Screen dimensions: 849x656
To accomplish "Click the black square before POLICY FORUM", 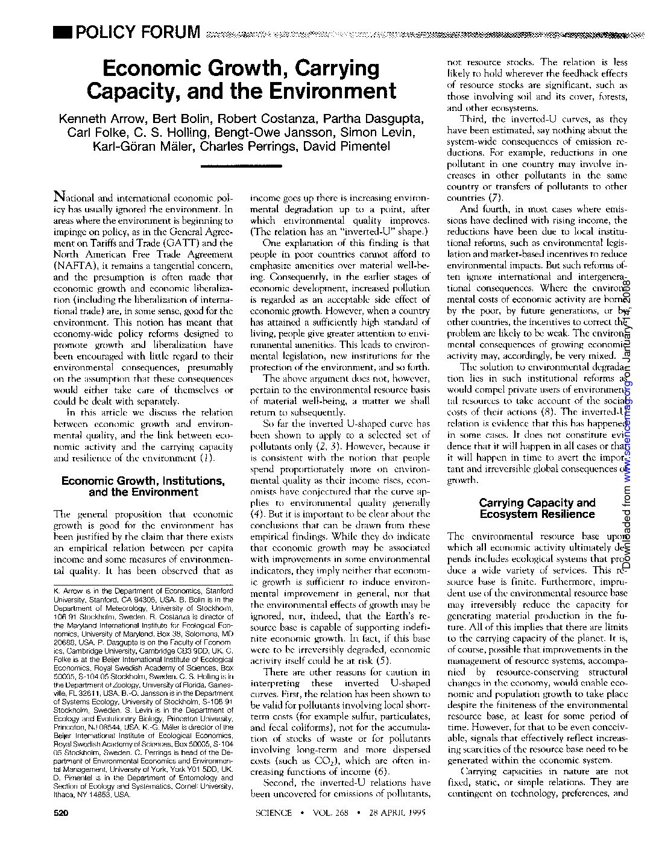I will pyautogui.click(x=62, y=31).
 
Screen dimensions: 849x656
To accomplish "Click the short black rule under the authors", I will pyautogui.click(x=241, y=165).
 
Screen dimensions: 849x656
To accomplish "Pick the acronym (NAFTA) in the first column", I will pyautogui.click(x=75, y=266).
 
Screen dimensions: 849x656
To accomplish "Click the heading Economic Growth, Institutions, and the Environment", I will pyautogui.click(x=143, y=486).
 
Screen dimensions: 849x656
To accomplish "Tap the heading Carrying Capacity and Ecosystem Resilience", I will pyautogui.click(x=537, y=508).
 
